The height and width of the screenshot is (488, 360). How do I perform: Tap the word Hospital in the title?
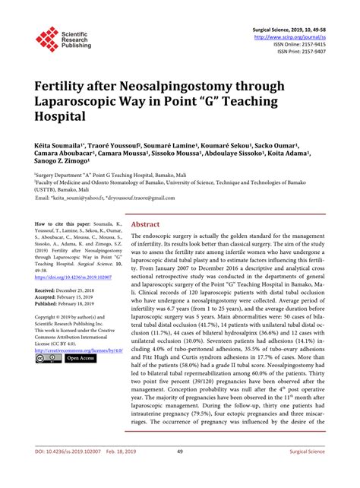click(62, 116)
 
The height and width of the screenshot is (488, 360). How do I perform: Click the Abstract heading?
click(146, 225)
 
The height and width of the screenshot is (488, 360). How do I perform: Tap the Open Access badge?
click(80, 379)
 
